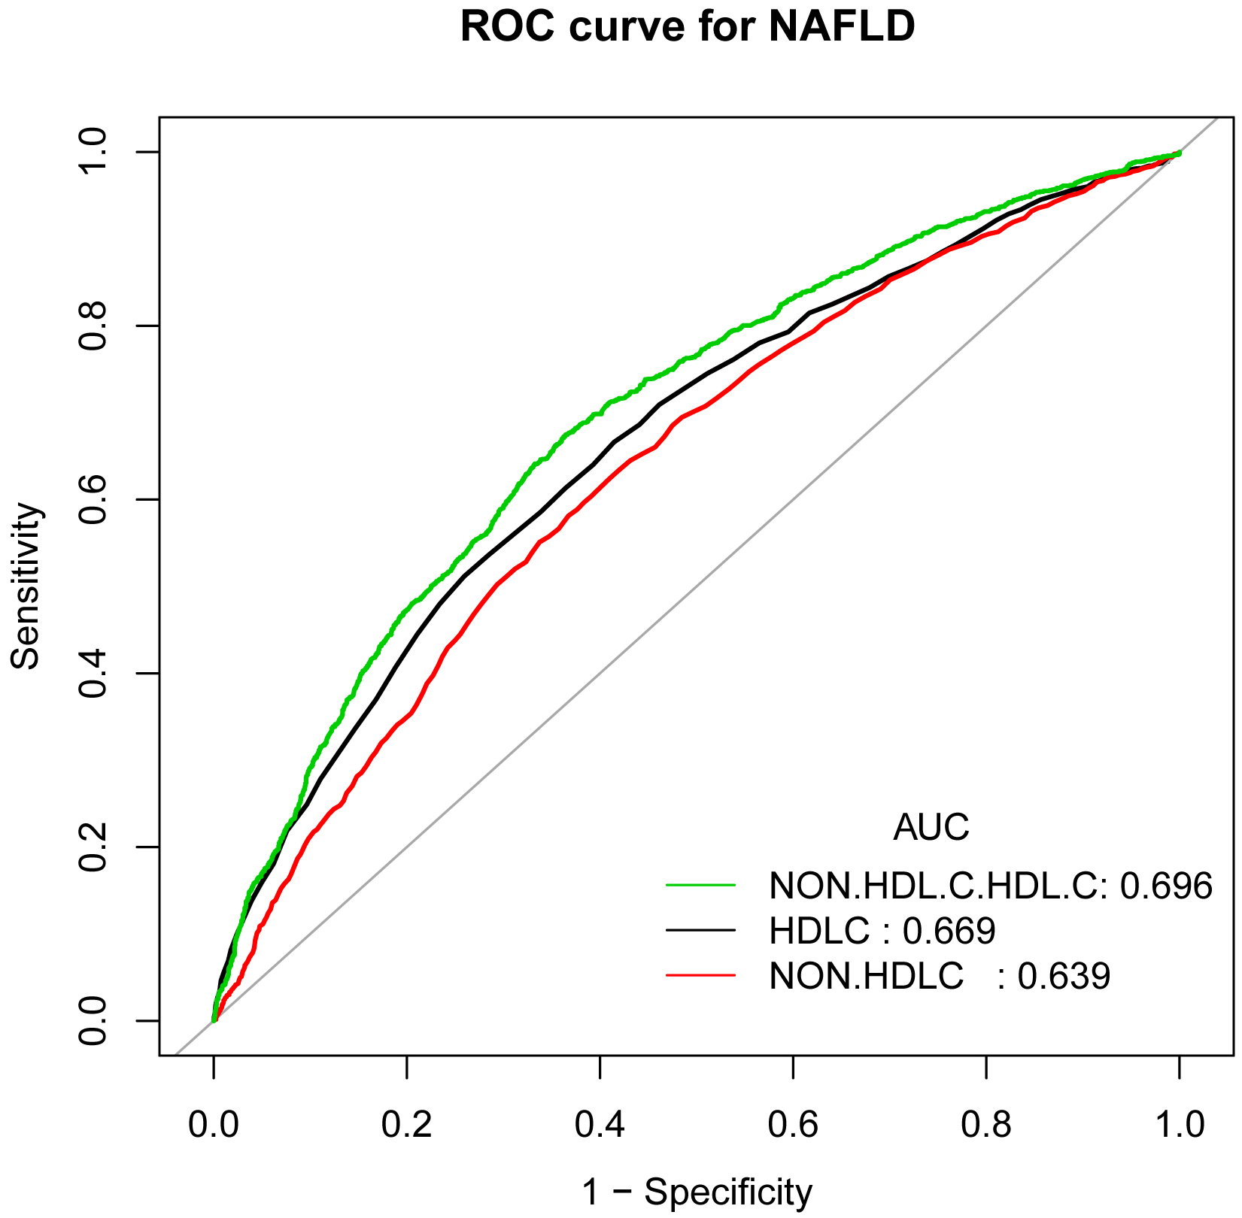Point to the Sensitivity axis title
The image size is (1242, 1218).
pos(27,586)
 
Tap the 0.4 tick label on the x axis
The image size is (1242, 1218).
pos(600,1126)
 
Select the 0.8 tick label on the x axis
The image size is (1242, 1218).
pos(986,1126)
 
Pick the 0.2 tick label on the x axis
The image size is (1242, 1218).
pos(407,1126)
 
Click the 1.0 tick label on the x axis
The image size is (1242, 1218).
pos(1179,1126)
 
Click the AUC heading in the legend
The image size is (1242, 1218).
pos(931,828)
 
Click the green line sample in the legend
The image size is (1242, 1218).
pos(700,886)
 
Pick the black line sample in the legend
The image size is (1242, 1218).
pos(700,931)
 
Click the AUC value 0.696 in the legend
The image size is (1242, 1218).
pos(1166,886)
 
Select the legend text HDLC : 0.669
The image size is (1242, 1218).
pos(882,932)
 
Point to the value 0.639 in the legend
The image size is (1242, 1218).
pos(1064,977)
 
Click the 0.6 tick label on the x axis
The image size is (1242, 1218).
pos(793,1126)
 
